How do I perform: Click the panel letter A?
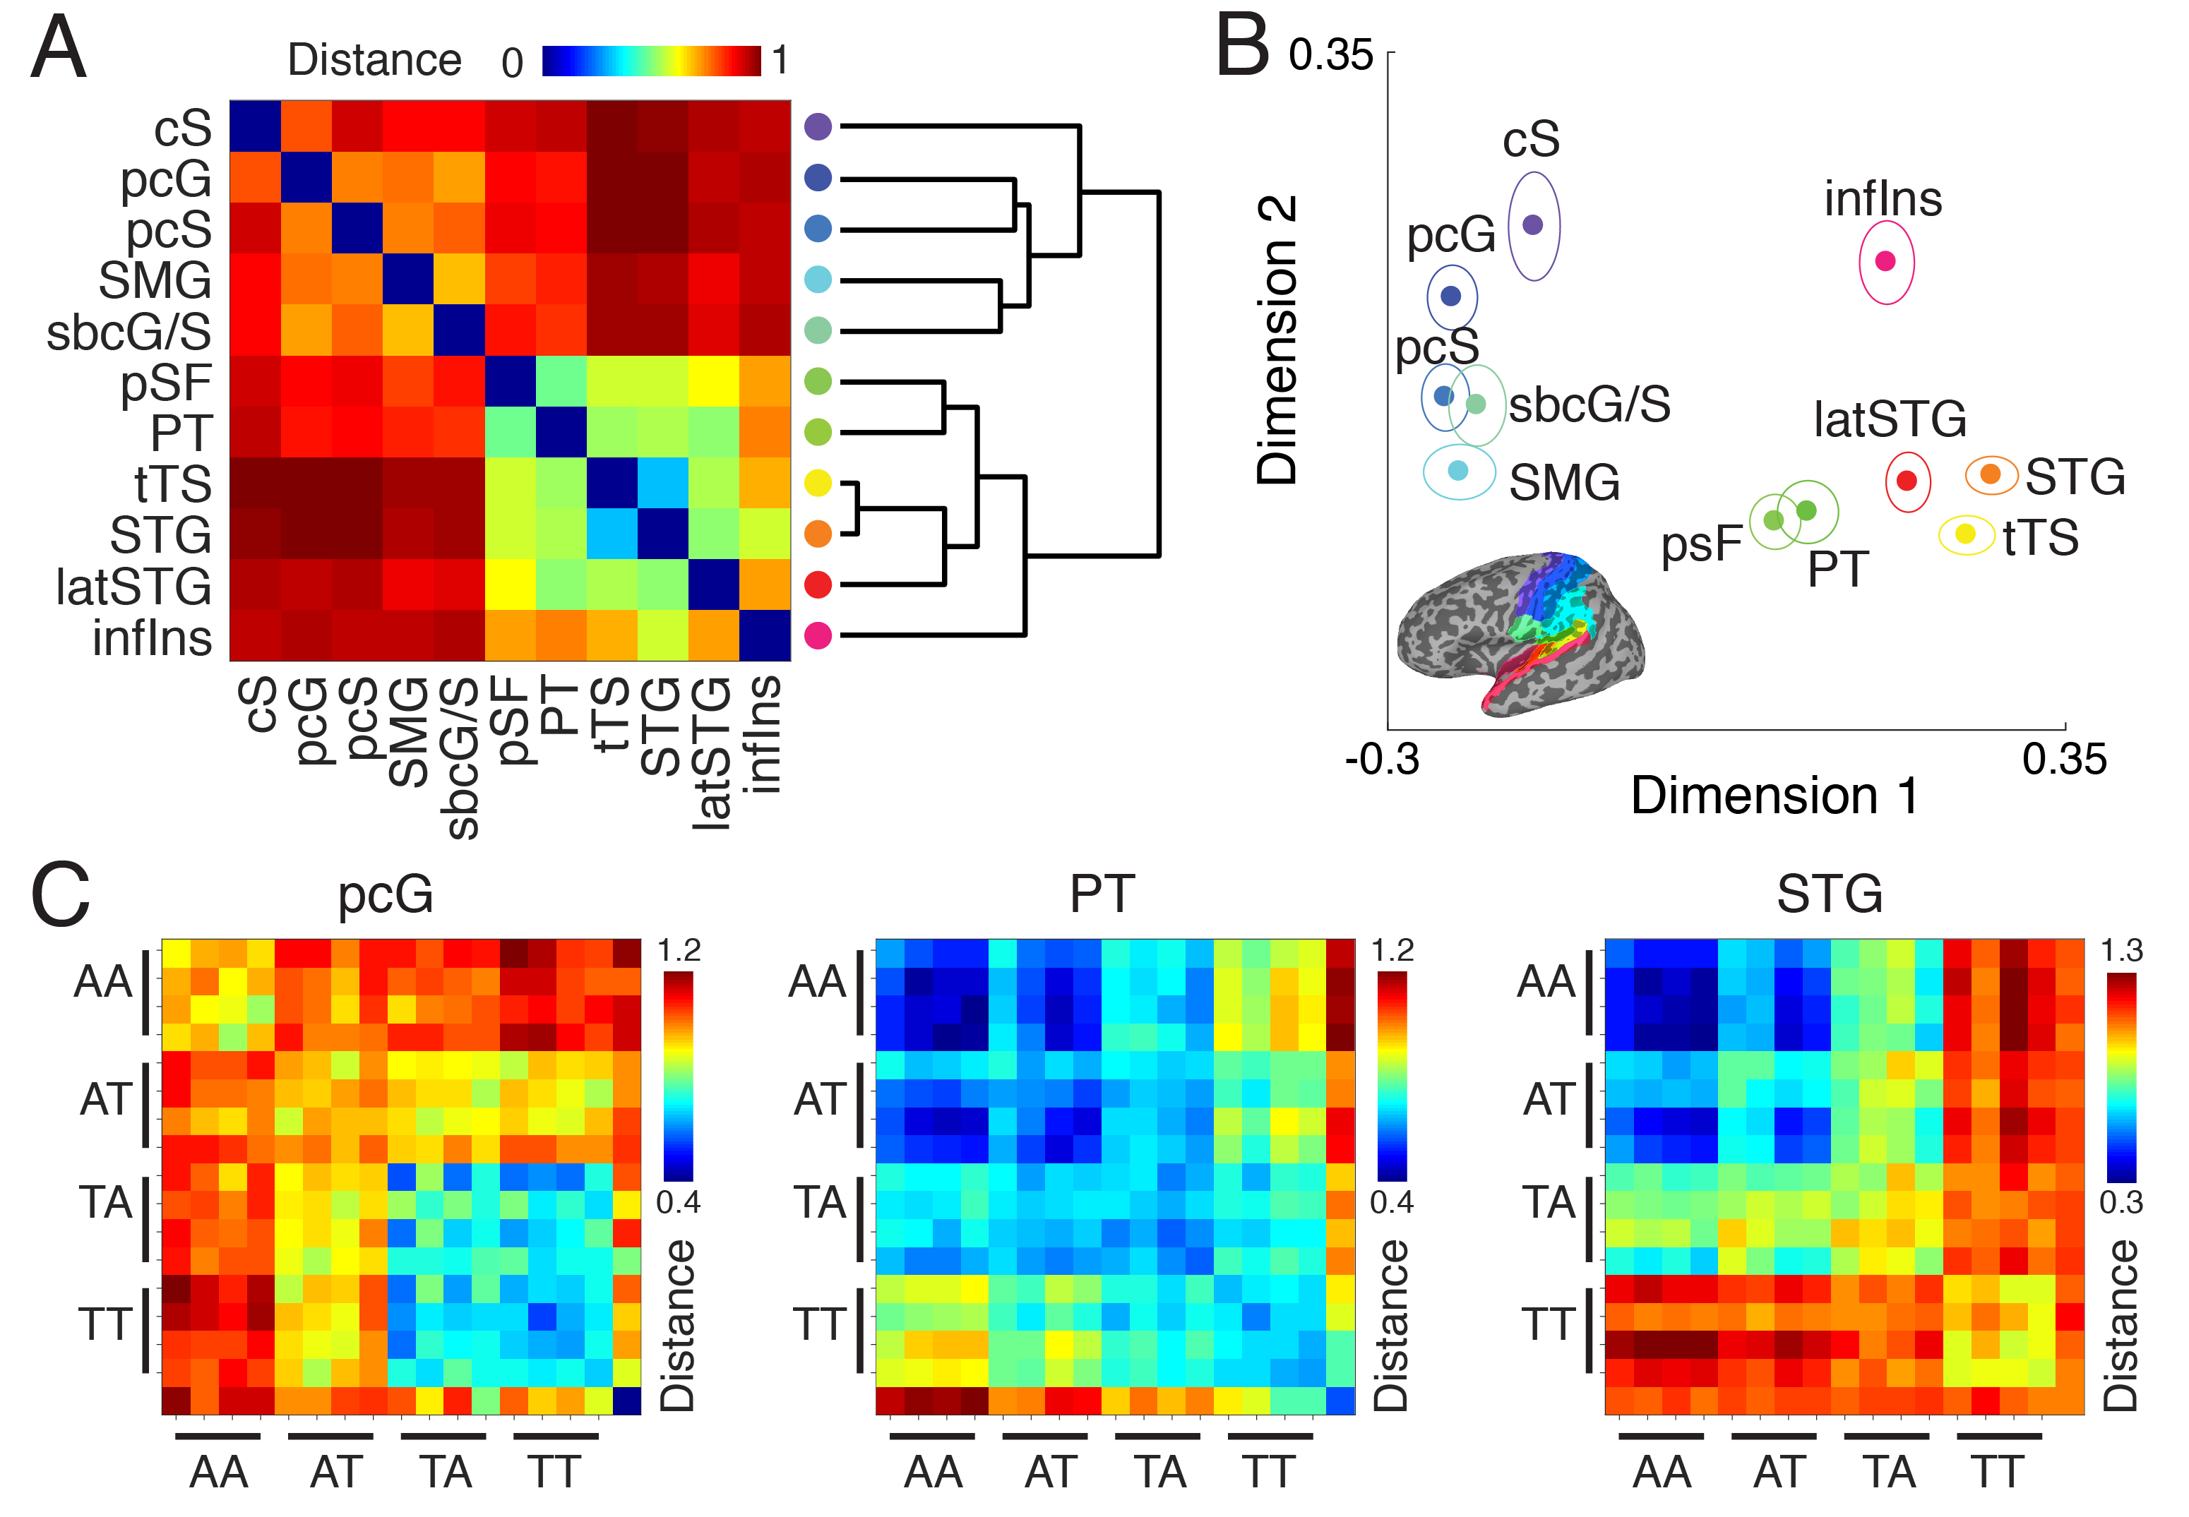tap(59, 49)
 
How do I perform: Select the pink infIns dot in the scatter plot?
tap(1886, 261)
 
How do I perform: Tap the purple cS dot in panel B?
tap(1533, 225)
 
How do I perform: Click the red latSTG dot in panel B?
tap(1907, 481)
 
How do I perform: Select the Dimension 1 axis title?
tap(1775, 796)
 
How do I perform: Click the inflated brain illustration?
tap(1521, 632)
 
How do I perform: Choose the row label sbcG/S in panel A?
tap(129, 332)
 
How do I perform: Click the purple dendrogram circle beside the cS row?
tap(818, 126)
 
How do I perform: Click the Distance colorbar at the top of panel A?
tap(651, 61)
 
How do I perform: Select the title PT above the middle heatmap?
tap(1102, 894)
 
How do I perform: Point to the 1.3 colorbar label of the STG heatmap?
tap(2121, 950)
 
